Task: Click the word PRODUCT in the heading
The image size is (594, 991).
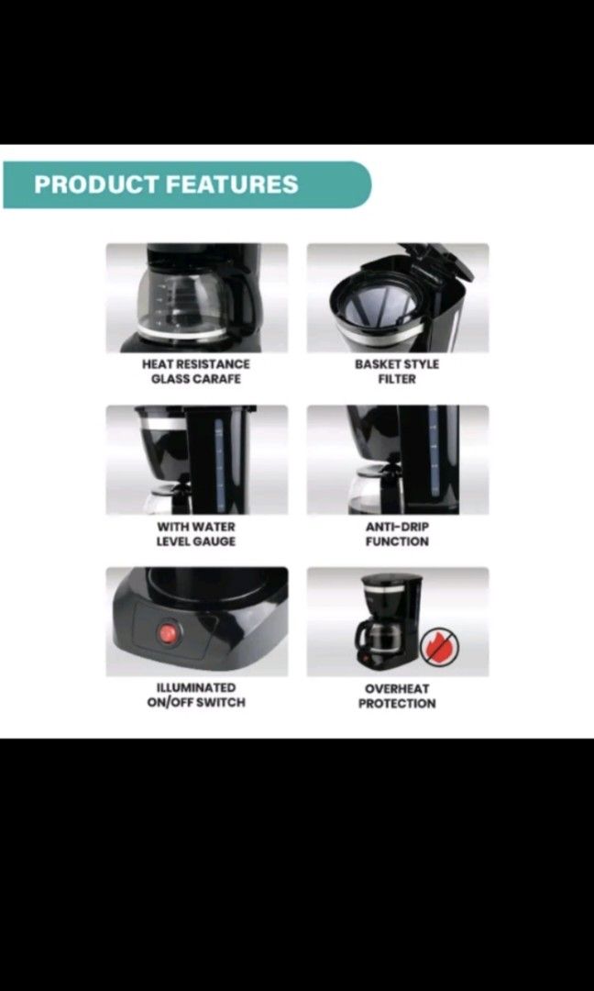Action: [x=96, y=184]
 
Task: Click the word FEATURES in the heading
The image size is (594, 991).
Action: [x=232, y=184]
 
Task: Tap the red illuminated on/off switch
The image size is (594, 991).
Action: [x=168, y=633]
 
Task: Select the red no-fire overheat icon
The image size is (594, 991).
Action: [x=438, y=646]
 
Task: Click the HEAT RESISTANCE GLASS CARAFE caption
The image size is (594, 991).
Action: [x=195, y=372]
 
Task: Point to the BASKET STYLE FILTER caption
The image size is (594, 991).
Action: [x=397, y=372]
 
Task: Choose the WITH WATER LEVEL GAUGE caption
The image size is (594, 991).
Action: [x=195, y=534]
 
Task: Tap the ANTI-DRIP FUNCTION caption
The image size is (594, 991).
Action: [x=397, y=534]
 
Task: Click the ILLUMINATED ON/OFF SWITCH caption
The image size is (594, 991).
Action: [x=195, y=695]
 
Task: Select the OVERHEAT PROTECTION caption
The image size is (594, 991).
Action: [x=397, y=696]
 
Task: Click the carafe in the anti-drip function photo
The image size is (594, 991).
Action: [x=376, y=491]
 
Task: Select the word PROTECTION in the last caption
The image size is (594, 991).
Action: [x=397, y=704]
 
